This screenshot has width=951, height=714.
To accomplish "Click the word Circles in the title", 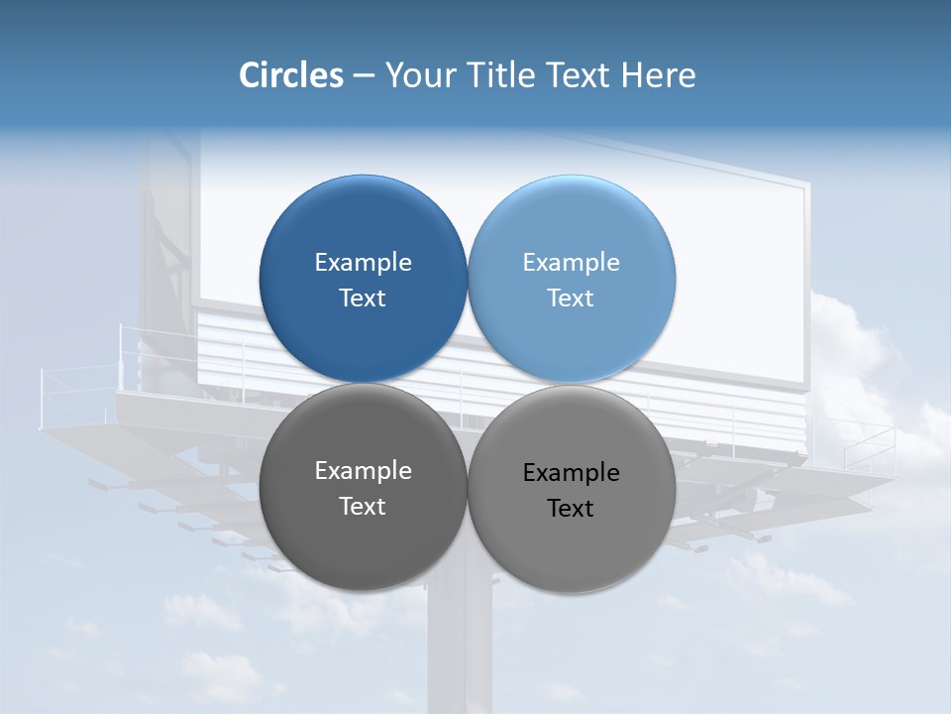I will [291, 75].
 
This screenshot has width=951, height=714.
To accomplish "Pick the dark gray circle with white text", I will [363, 540].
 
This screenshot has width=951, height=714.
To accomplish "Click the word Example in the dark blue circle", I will [363, 263].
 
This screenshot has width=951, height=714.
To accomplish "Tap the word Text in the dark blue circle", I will [363, 298].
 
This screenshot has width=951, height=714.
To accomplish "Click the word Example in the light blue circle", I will [571, 263].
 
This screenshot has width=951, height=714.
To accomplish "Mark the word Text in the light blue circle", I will [571, 298].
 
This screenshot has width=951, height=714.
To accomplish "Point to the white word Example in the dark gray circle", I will [363, 471].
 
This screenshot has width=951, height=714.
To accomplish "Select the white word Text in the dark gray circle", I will [363, 507].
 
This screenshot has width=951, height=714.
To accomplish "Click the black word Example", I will [571, 473].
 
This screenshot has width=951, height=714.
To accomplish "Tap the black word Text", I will [571, 509].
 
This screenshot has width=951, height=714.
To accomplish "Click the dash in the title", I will [364, 75].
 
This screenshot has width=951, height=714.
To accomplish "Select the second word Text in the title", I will [580, 75].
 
